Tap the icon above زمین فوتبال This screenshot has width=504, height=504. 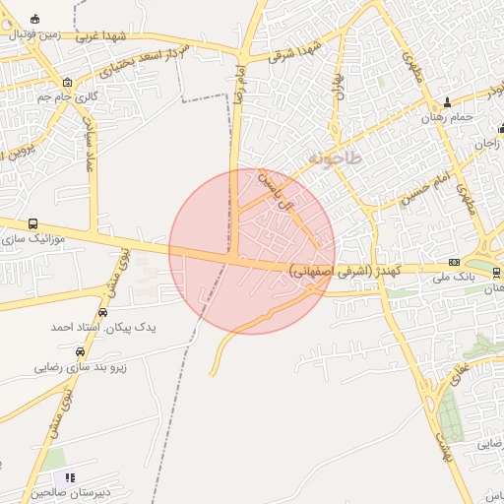tap(36, 19)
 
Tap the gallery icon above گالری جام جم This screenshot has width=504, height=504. tap(66, 83)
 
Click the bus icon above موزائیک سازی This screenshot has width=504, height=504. tap(34, 224)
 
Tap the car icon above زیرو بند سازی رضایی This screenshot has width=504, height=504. tap(80, 351)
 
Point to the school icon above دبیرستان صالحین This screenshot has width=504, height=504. tap(68, 476)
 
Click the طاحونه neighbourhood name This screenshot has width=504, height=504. tap(335, 157)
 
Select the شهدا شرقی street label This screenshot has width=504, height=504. tap(300, 46)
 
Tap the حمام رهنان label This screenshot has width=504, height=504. tap(449, 117)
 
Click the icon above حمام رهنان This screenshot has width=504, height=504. tap(448, 101)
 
